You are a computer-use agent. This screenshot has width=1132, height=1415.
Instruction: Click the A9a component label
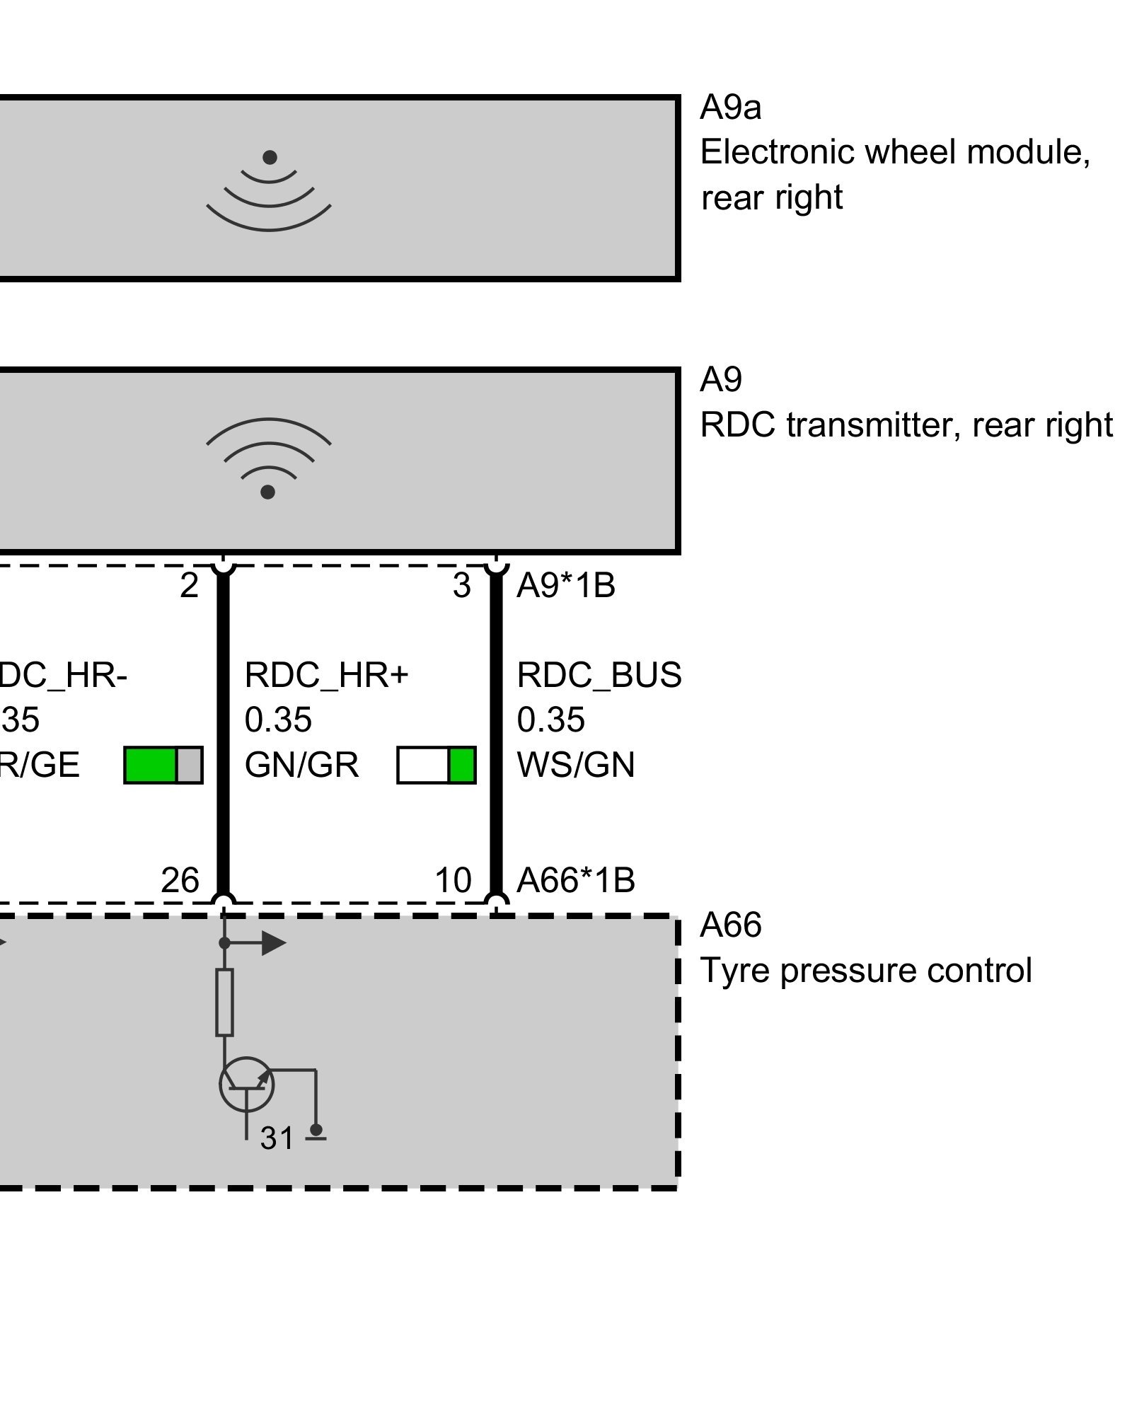click(x=730, y=108)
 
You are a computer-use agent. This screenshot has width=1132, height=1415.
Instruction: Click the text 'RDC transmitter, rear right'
click(x=906, y=425)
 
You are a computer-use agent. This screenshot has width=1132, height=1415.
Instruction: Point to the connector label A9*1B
click(x=566, y=586)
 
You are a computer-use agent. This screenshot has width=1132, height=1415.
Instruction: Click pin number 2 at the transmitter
click(x=189, y=586)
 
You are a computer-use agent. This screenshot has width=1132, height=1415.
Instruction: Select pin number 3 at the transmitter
click(x=461, y=586)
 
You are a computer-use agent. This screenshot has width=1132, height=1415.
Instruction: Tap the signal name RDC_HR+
click(x=326, y=675)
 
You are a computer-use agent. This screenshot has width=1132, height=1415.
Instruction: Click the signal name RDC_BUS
click(x=599, y=675)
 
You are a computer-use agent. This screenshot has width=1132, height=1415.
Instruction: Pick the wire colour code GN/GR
click(x=301, y=766)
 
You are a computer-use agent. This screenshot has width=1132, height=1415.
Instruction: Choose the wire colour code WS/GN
click(x=576, y=766)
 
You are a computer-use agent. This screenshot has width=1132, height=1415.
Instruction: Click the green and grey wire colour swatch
click(x=163, y=765)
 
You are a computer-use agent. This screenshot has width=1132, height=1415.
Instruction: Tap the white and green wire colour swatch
click(x=436, y=765)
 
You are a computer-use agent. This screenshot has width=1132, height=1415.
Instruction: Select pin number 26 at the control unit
click(x=180, y=881)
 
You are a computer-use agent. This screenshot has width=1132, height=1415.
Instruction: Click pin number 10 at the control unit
click(x=453, y=881)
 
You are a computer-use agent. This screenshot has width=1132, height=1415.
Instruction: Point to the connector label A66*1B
click(x=576, y=881)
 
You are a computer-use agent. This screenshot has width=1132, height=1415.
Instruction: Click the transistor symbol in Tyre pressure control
click(x=246, y=1083)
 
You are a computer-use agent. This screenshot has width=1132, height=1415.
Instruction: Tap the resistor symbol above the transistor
click(x=224, y=1003)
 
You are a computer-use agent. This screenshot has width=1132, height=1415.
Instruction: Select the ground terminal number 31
click(x=277, y=1138)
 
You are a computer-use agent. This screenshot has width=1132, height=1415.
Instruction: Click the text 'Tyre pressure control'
click(x=865, y=971)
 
